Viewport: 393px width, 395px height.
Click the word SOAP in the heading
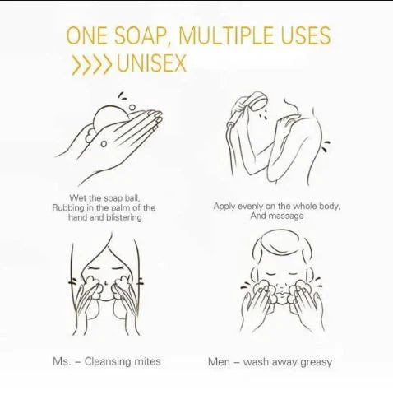(142, 35)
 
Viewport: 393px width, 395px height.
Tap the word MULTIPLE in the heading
(226, 35)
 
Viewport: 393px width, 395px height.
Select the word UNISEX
(152, 63)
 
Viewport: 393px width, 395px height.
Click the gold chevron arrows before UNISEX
(91, 65)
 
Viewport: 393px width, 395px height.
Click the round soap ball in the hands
(109, 118)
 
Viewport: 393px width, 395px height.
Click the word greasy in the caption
(316, 363)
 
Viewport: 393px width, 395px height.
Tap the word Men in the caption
(219, 362)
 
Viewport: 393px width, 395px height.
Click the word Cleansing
(108, 361)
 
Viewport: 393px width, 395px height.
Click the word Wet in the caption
(76, 198)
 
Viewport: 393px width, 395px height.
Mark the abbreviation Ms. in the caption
(62, 361)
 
